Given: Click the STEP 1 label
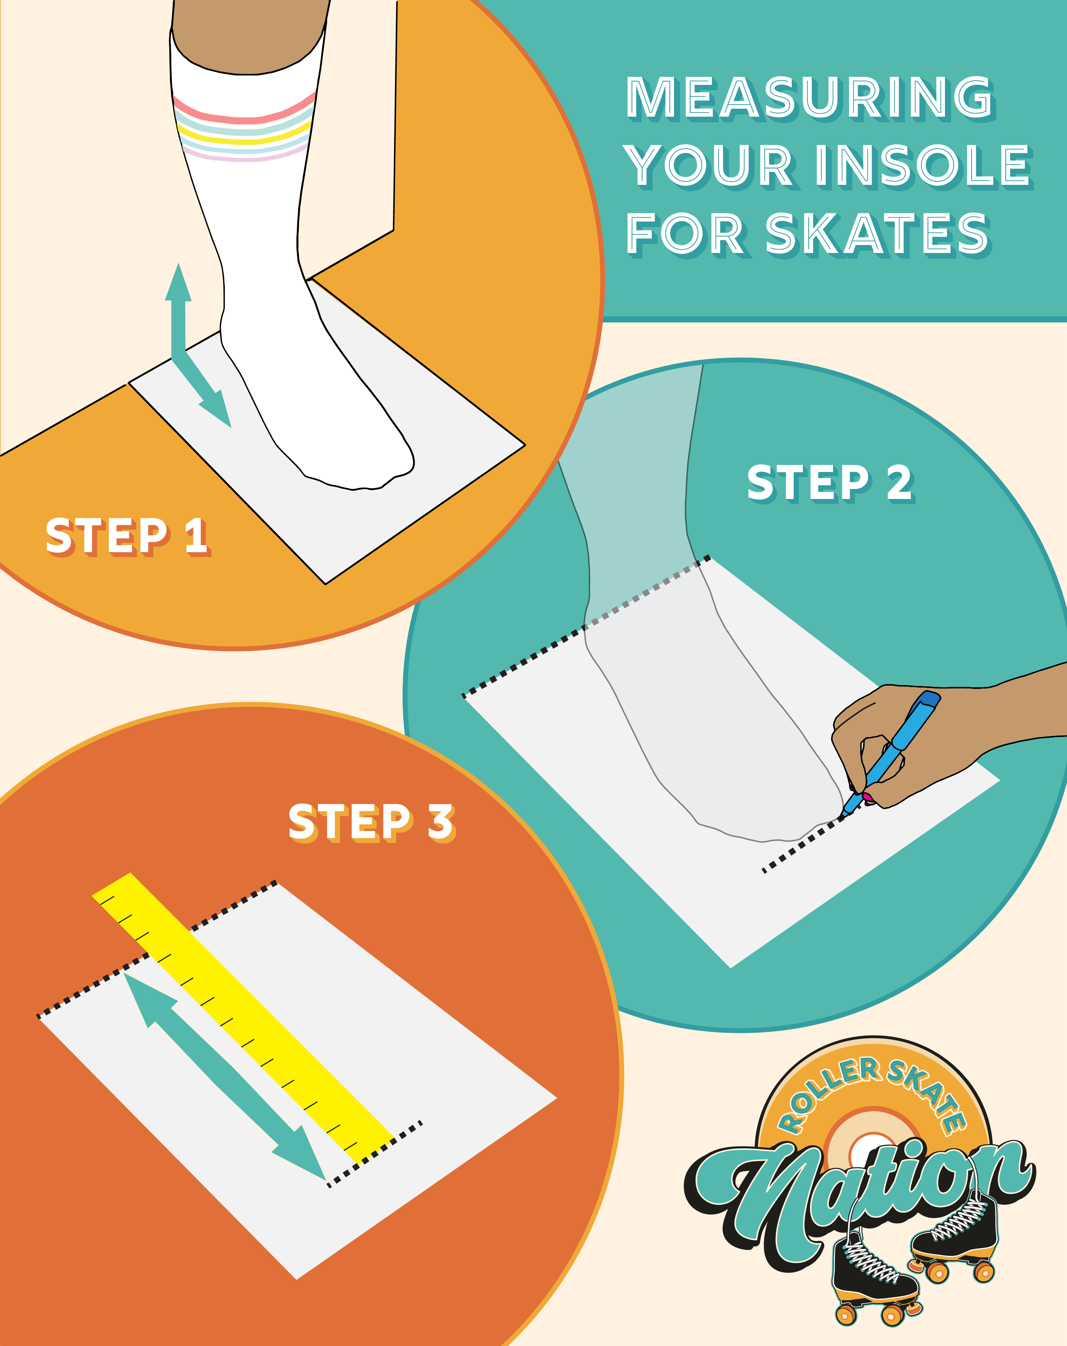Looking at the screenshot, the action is coord(127,536).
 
